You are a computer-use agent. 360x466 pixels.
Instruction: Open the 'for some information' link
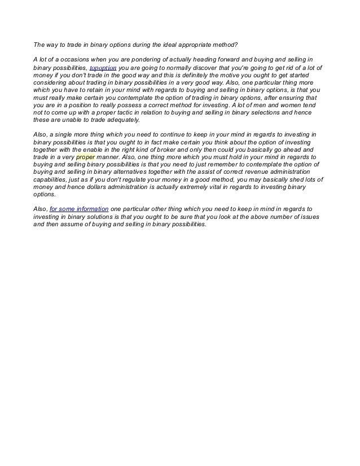(79, 209)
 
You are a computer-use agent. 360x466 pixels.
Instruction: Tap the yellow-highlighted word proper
(85, 159)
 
